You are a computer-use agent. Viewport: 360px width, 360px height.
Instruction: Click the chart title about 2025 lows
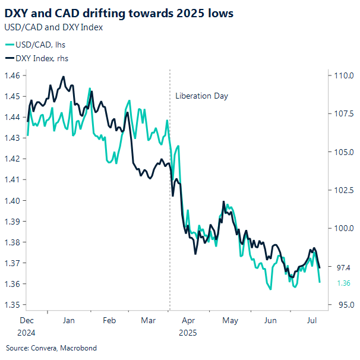coord(119,13)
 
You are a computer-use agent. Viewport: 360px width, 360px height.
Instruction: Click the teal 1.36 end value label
coord(343,283)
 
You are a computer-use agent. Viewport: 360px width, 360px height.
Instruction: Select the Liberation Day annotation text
coord(201,96)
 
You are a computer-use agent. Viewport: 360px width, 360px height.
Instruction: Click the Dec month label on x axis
coord(27,320)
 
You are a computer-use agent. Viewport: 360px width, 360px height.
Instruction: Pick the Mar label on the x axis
coord(148,320)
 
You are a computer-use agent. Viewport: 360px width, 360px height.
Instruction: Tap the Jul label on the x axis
coord(310,320)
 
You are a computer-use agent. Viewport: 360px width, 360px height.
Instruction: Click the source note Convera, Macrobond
coord(50,348)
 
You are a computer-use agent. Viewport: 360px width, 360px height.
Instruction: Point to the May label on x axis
coord(230,320)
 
